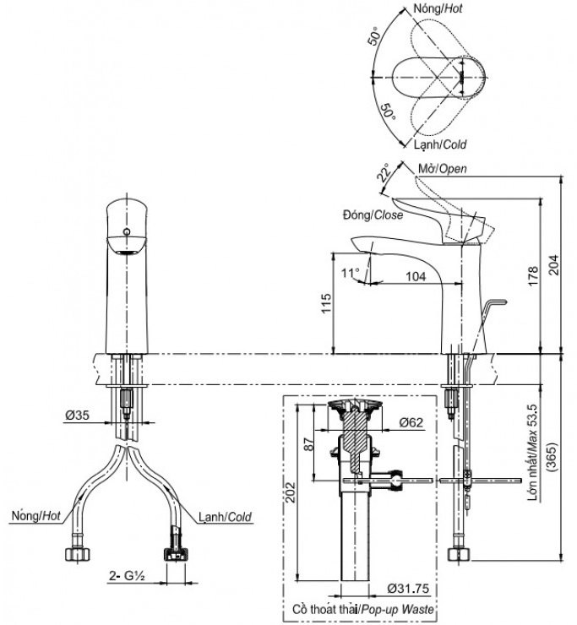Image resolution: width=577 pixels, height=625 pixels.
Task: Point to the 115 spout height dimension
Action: click(326, 304)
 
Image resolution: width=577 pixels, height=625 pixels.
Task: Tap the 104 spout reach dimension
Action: click(415, 276)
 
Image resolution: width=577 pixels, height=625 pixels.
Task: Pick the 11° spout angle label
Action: click(350, 272)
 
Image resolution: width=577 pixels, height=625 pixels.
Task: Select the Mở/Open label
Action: click(442, 170)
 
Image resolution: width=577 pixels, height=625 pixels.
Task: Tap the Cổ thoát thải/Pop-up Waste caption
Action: click(362, 609)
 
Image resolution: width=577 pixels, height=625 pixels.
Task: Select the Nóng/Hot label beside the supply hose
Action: click(35, 514)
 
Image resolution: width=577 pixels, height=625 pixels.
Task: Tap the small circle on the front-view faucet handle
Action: click(126, 230)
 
